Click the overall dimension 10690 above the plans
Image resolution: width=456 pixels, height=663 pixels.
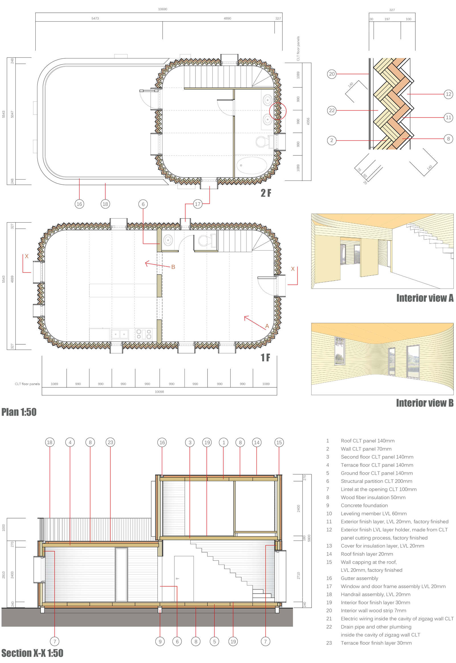click(x=162, y=9)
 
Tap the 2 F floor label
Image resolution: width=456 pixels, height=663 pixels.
click(x=266, y=193)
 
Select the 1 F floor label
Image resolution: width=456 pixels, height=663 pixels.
click(x=265, y=357)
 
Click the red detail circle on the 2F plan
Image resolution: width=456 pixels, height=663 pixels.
click(x=278, y=111)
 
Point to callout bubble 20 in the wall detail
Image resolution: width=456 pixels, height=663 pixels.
click(x=331, y=74)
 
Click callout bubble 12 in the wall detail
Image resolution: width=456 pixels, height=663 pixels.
click(x=448, y=94)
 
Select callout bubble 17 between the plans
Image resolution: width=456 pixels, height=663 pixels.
click(x=198, y=204)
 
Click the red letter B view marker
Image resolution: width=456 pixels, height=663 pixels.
click(x=173, y=267)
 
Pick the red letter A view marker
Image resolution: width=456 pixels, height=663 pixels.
click(x=267, y=326)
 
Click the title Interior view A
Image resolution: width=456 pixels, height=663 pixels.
click(x=425, y=298)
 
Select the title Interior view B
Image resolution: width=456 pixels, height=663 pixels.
click(x=425, y=403)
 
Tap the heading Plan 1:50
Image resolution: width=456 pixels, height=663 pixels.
click(x=19, y=412)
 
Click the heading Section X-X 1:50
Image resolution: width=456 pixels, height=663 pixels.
click(x=32, y=653)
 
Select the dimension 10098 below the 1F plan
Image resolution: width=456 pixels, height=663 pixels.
click(x=159, y=392)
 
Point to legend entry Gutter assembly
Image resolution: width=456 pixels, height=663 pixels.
click(x=359, y=578)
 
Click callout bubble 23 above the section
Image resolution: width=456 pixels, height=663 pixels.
click(x=110, y=442)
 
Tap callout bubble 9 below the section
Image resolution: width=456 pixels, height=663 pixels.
click(x=160, y=642)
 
